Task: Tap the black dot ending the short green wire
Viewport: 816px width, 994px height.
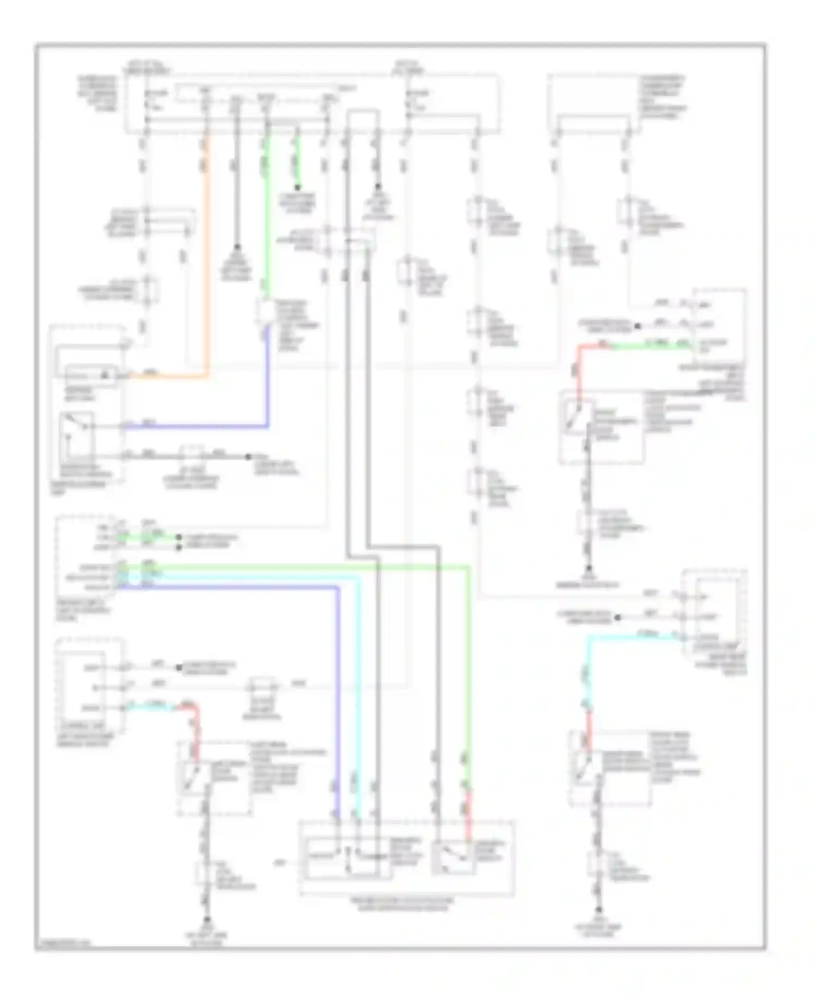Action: [298, 187]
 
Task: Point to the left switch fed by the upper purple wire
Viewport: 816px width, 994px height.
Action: [77, 430]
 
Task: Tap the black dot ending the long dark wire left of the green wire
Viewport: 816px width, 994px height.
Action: [237, 246]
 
